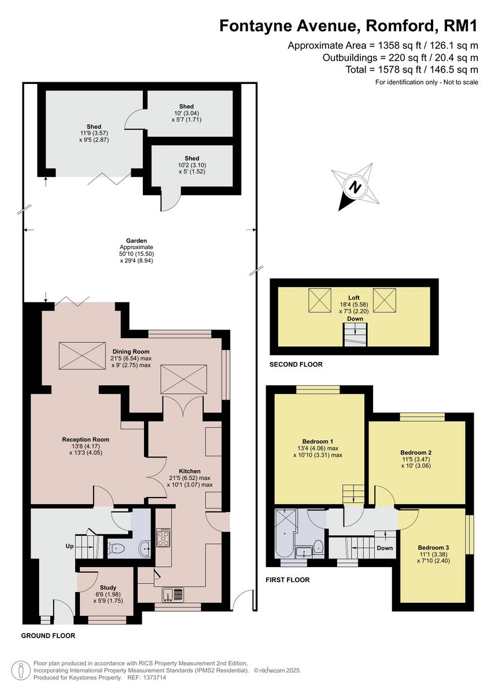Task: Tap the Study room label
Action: coord(108,588)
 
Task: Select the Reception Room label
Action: coord(86,440)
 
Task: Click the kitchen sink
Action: coord(173,594)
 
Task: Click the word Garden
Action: coord(136,240)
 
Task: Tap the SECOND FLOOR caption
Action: coord(296,365)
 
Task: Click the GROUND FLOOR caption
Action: coord(48,635)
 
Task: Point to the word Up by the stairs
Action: coord(70,546)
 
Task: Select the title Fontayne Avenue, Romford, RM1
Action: coord(348,26)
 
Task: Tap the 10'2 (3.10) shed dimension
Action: coord(191,165)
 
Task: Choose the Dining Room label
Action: coord(131,352)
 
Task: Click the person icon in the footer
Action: coord(20,670)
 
